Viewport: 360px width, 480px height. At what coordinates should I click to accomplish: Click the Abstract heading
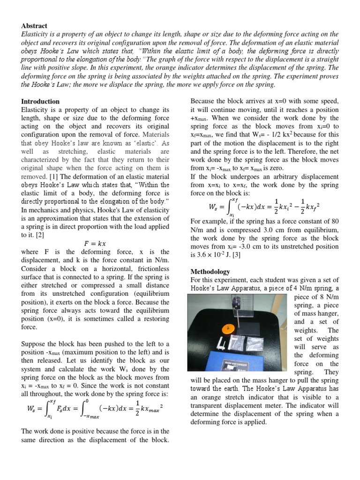tap(34, 26)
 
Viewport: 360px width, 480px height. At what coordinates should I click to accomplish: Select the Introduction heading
tap(40, 101)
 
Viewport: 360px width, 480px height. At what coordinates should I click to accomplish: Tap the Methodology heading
tap(210, 271)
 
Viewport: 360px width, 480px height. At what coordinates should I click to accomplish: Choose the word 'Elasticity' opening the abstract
tap(35, 34)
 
